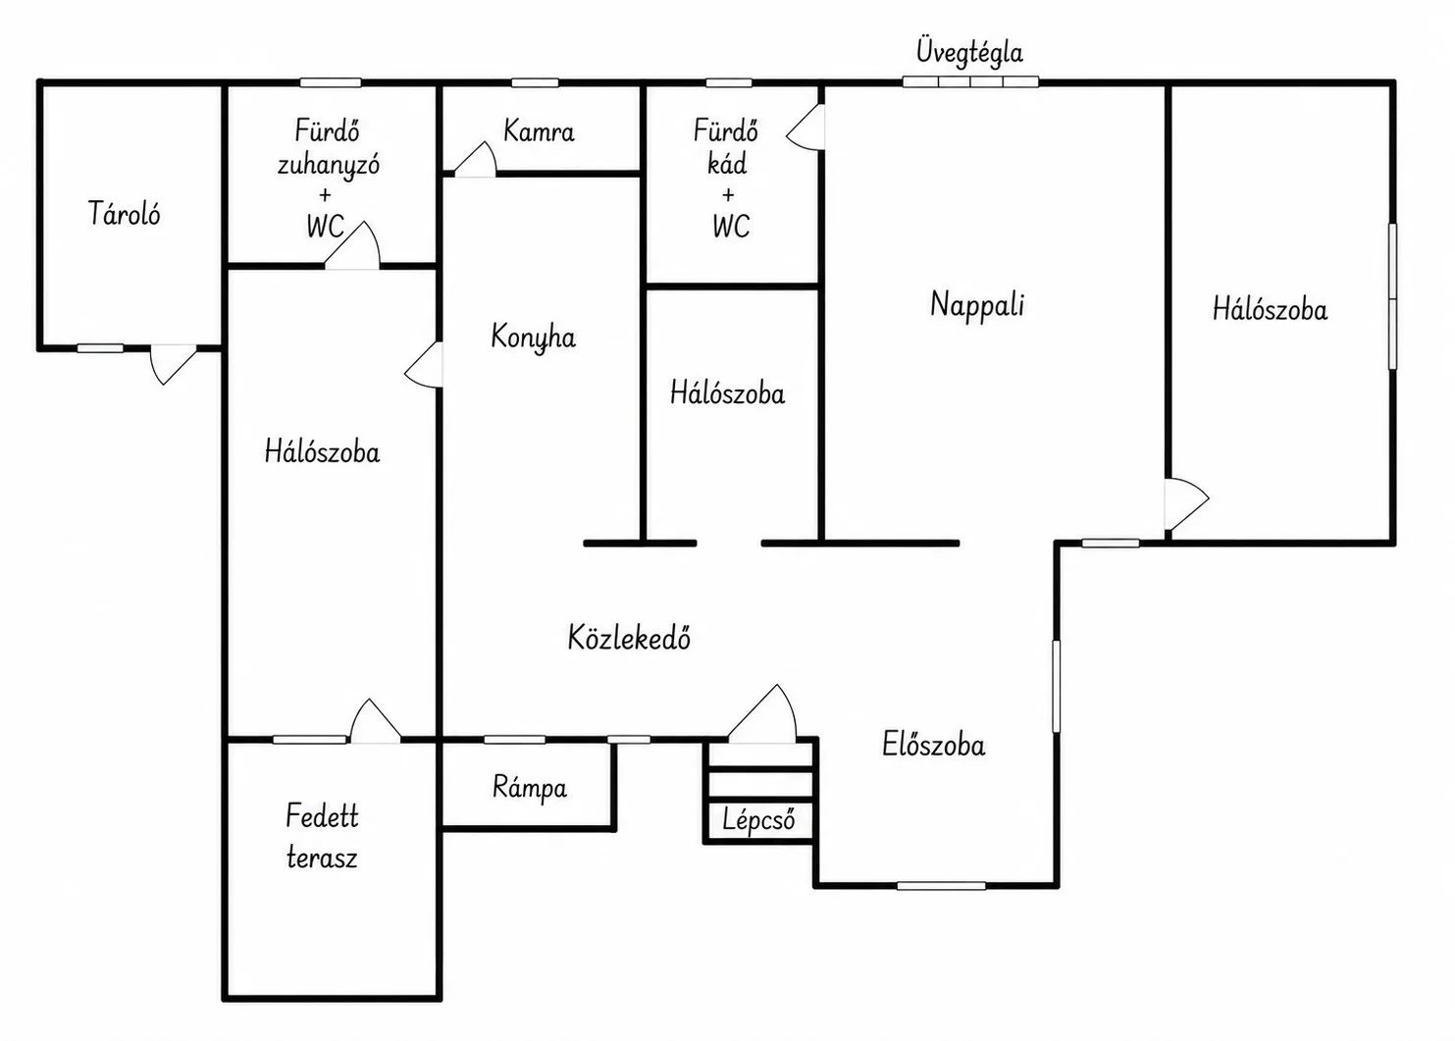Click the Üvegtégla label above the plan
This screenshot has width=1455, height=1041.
point(969,53)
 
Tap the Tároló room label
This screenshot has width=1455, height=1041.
point(124,213)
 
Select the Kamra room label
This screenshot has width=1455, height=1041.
point(539,131)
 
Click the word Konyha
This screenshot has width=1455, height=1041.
point(533,338)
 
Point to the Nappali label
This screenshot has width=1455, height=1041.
point(977,305)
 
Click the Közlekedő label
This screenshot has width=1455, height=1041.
point(629,637)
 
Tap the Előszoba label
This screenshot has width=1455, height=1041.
point(933,745)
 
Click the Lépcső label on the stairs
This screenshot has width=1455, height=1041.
point(758,820)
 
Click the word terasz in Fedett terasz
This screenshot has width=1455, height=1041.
point(322,859)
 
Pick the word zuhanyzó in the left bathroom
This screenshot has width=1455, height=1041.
point(328,165)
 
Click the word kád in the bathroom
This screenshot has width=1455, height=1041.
point(727,164)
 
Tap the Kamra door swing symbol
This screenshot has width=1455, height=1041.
point(475,160)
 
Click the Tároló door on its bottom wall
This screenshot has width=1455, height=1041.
point(174,364)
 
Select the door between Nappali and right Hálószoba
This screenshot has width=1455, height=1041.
point(1186,504)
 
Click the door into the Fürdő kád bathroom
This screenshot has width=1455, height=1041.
point(805,128)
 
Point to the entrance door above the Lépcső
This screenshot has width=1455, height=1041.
point(762,713)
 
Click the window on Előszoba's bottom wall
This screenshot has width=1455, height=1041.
point(941,885)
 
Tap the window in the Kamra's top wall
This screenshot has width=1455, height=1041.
point(535,82)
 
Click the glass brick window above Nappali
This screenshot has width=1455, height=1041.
point(970,81)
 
